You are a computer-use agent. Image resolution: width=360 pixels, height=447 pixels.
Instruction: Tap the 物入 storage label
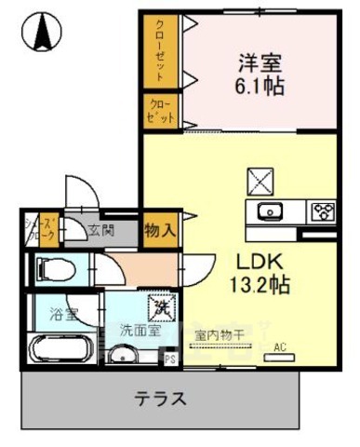[158, 227]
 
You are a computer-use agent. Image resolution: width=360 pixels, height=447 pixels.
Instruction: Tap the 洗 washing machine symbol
[161, 306]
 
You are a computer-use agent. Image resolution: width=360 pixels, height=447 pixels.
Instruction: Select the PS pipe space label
[169, 356]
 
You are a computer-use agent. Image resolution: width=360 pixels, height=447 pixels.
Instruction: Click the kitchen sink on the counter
[269, 209]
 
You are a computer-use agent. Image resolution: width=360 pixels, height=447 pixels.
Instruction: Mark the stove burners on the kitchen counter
[322, 209]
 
